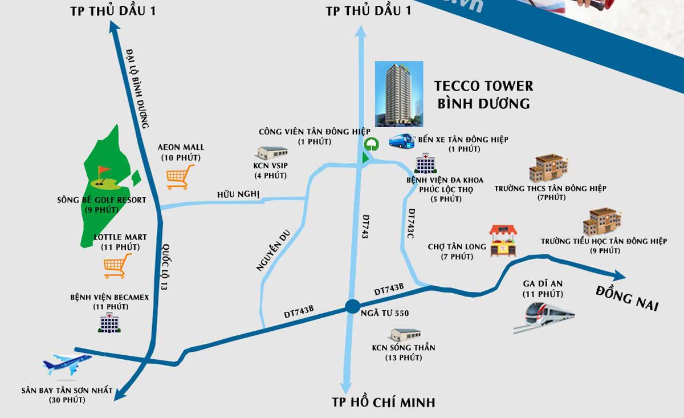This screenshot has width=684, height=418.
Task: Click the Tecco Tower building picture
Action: point(399,94)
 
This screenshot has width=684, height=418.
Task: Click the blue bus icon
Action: point(402,140)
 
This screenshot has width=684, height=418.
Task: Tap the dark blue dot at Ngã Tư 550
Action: point(352,307)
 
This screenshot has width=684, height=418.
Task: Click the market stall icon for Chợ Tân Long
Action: point(504,241)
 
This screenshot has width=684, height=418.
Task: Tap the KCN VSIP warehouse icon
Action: point(272,153)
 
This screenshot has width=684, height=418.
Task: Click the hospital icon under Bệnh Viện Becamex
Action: point(109,323)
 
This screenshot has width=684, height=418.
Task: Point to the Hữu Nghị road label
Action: point(238,194)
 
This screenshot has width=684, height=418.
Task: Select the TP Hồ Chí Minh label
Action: point(384,402)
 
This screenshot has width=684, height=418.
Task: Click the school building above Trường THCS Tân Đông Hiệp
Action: point(548,169)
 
